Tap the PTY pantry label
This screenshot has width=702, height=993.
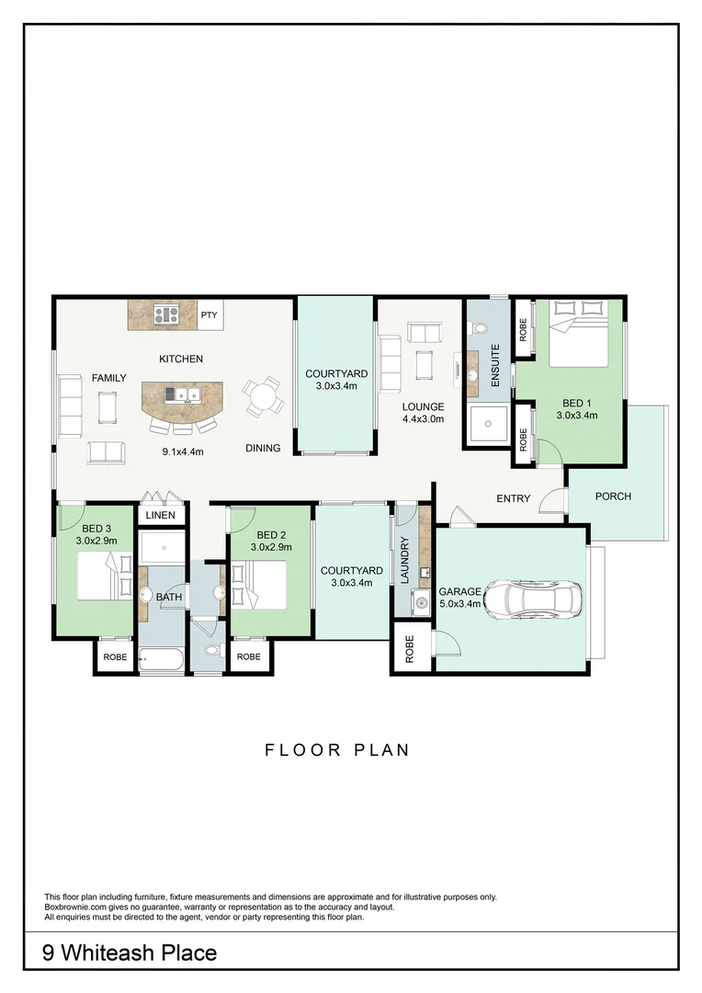tap(209, 314)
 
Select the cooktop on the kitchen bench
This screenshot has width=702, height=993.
tap(166, 314)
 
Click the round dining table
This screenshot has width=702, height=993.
tap(264, 397)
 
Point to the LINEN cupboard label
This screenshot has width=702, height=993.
tap(160, 515)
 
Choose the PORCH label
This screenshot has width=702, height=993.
tap(613, 496)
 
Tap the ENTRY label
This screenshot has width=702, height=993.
tap(514, 499)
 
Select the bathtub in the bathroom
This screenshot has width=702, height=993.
tap(162, 660)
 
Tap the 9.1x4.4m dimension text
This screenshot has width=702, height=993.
tap(183, 451)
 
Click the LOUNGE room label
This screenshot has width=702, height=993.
tap(423, 406)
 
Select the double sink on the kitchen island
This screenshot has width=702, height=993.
tap(183, 394)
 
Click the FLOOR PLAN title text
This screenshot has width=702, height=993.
tap(337, 750)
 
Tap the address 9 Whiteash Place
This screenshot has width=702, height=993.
tap(130, 953)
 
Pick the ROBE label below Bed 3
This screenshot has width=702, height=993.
tap(115, 657)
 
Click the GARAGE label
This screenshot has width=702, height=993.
tap(460, 592)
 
